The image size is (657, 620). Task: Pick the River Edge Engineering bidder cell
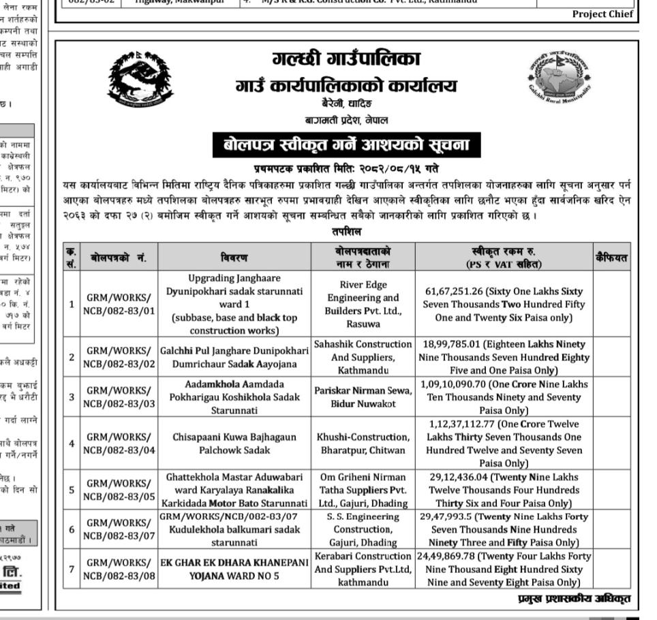(x=363, y=305)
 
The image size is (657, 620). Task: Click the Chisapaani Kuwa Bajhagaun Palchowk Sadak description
(x=235, y=443)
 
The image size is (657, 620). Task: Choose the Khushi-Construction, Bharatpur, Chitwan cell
(x=363, y=443)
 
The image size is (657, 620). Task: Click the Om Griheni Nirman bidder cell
(x=363, y=490)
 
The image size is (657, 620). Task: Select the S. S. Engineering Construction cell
(x=363, y=529)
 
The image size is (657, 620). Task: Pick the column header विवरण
(x=235, y=258)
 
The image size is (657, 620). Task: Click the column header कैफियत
(x=611, y=258)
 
